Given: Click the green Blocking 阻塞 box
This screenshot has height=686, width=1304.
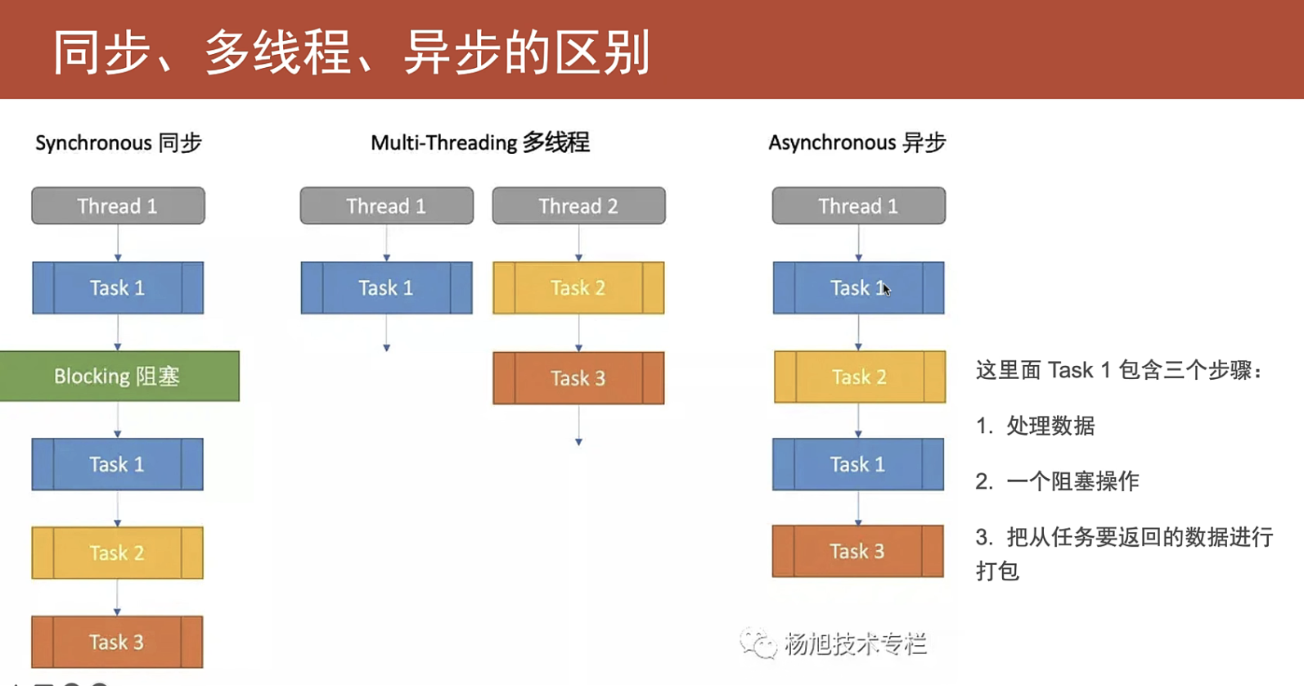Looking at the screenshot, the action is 119,377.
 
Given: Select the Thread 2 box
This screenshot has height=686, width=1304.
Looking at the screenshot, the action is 578,205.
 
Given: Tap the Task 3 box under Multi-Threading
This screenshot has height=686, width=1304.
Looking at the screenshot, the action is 578,378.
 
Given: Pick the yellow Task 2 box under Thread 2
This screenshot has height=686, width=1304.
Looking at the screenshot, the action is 578,287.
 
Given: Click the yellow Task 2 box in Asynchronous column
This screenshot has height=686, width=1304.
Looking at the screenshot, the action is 859,377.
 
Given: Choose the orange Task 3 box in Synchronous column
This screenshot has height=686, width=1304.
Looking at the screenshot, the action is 117,642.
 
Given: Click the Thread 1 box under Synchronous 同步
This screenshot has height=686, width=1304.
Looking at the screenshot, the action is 118,205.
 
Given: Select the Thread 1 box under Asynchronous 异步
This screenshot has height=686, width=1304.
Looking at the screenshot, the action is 859,205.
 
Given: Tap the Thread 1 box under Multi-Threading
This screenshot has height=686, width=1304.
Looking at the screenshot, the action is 387,205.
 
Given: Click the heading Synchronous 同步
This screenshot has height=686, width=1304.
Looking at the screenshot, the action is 118,142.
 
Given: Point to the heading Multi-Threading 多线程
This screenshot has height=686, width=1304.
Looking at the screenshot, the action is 480,142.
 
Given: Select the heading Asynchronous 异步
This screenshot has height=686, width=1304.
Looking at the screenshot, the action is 857,142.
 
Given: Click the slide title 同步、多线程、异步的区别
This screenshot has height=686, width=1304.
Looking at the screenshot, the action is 351,52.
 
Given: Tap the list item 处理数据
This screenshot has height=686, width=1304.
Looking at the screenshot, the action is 1050,426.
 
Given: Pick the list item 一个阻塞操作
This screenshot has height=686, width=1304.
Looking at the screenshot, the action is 1072,481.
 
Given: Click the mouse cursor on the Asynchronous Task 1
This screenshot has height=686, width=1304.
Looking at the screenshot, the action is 887,290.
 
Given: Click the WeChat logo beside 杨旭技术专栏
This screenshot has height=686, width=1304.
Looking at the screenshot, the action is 758,643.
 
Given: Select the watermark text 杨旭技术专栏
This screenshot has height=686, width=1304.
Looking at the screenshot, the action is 855,643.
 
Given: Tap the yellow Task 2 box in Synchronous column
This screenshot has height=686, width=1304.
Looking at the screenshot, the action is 118,553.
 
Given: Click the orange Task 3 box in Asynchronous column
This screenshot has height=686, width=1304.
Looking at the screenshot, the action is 858,551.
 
